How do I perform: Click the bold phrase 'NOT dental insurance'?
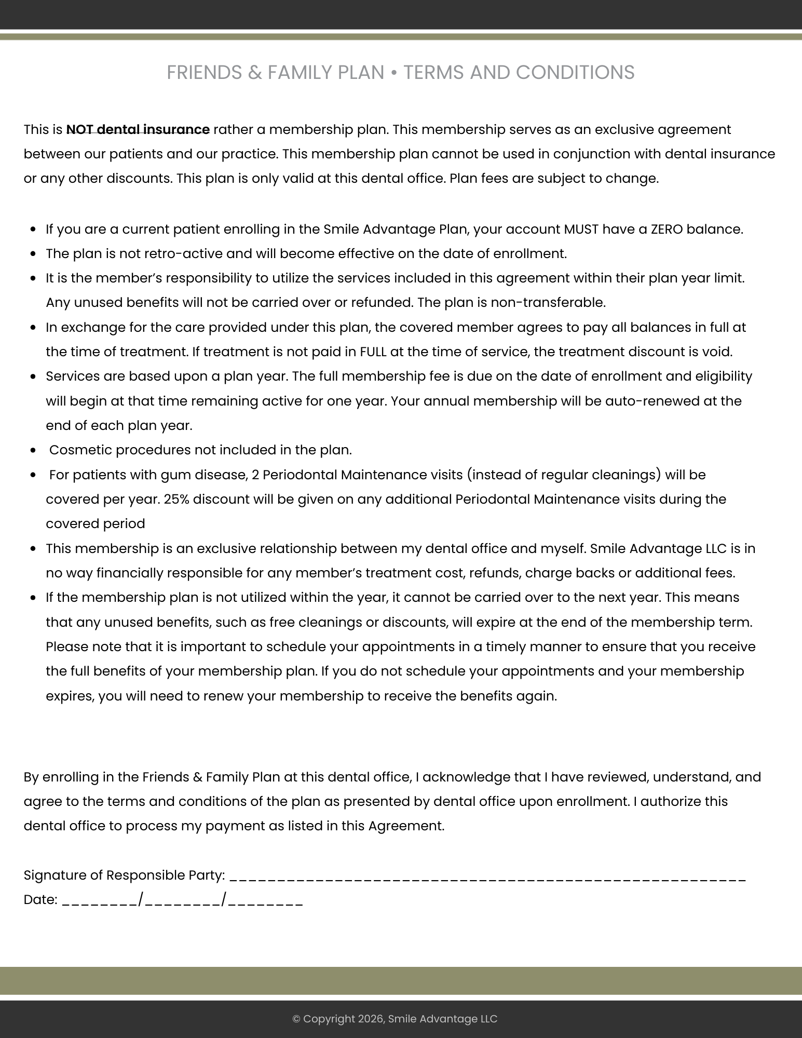(x=138, y=129)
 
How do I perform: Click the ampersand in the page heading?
(x=254, y=73)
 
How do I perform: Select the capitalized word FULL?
(x=373, y=352)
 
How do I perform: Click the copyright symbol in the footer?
(x=296, y=1019)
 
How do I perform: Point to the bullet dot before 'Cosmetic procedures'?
(x=34, y=451)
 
